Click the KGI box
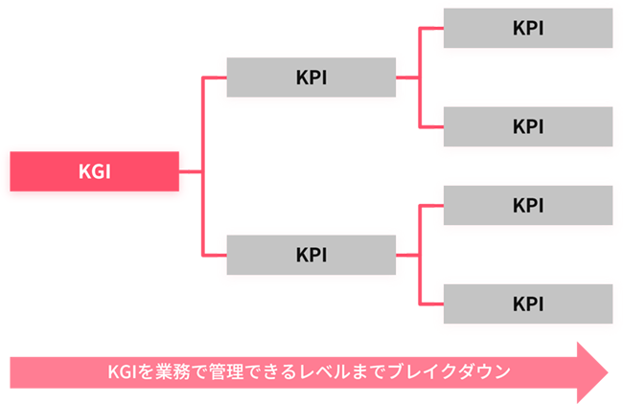click(94, 173)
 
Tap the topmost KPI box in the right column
click(528, 28)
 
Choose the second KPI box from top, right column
click(528, 125)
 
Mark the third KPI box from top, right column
click(528, 205)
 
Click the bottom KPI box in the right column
click(528, 303)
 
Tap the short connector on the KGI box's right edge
click(192, 173)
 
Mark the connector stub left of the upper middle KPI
click(218, 79)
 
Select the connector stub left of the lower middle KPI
click(218, 256)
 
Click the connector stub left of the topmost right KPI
click(436, 28)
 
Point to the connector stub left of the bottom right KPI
click(436, 303)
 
